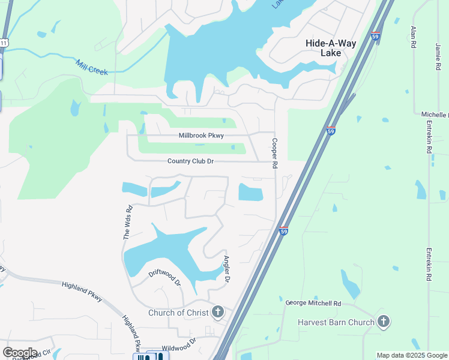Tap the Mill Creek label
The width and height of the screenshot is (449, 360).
point(91,67)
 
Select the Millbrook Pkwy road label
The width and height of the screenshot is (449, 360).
point(201,136)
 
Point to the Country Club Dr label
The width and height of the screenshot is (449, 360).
point(190,161)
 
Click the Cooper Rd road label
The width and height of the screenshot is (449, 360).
point(275,153)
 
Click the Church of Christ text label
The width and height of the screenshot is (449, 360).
point(178,313)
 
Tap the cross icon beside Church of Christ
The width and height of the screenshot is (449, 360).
point(217,312)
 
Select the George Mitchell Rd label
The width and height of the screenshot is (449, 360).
point(313,304)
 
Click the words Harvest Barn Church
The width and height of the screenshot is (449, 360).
point(336,322)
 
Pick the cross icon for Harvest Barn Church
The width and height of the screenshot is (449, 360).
point(384,322)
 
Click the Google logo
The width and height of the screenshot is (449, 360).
point(20,353)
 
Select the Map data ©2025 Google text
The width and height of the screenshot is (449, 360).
point(412,355)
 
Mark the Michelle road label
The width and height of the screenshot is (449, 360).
point(434,115)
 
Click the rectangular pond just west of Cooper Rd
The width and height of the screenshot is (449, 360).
point(251,193)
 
